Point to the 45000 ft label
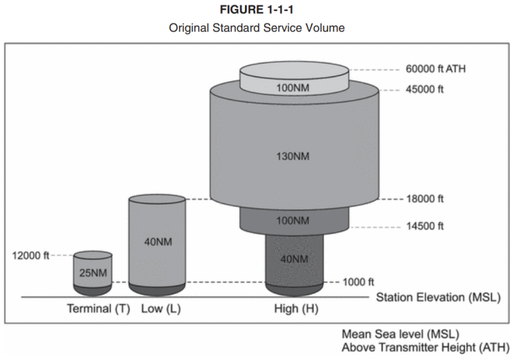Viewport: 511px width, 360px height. (x=426, y=89)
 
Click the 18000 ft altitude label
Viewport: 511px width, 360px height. (x=426, y=200)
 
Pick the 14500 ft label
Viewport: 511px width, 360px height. (x=426, y=226)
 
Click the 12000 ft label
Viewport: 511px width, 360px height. (x=31, y=255)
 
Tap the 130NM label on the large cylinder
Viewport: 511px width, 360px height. (x=294, y=156)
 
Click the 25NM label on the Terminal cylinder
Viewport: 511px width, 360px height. (x=93, y=273)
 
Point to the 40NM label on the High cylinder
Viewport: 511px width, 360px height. (x=294, y=259)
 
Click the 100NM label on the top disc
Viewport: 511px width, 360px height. (x=294, y=87)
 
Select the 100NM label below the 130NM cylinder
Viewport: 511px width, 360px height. (x=294, y=221)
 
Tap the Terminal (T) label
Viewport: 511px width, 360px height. (x=98, y=308)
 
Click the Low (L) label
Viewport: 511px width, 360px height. (x=161, y=308)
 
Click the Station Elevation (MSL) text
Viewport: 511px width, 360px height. (x=437, y=298)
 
